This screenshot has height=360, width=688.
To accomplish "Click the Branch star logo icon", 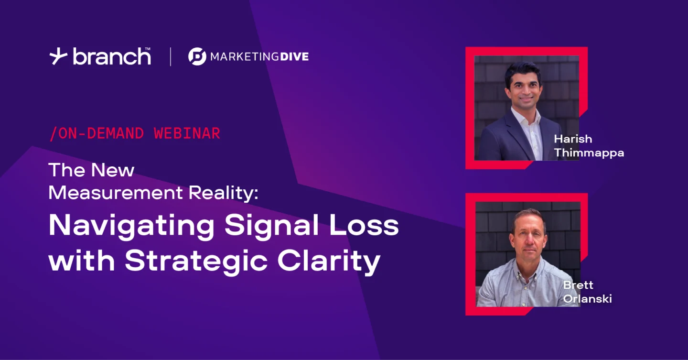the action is pyautogui.click(x=58, y=56).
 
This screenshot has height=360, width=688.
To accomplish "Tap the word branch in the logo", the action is pyautogui.click(x=111, y=56).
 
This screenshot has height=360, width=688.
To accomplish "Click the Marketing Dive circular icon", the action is pyautogui.click(x=197, y=56).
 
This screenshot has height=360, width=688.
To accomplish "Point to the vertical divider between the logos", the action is pyautogui.click(x=171, y=56).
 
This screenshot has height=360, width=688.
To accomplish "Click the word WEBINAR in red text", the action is pyautogui.click(x=187, y=133).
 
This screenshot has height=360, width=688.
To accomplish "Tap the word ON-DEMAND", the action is pyautogui.click(x=100, y=133).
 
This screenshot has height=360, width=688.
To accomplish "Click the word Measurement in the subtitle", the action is pyautogui.click(x=116, y=193).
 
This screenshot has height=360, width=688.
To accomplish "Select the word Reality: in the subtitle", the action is pyautogui.click(x=224, y=194).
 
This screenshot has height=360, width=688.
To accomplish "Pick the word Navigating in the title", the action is pyautogui.click(x=131, y=227).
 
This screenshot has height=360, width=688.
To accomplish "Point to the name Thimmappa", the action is pyautogui.click(x=589, y=153).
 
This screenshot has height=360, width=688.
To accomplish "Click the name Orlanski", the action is pyautogui.click(x=588, y=298).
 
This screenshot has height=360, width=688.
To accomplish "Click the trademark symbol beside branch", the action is pyautogui.click(x=148, y=49).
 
